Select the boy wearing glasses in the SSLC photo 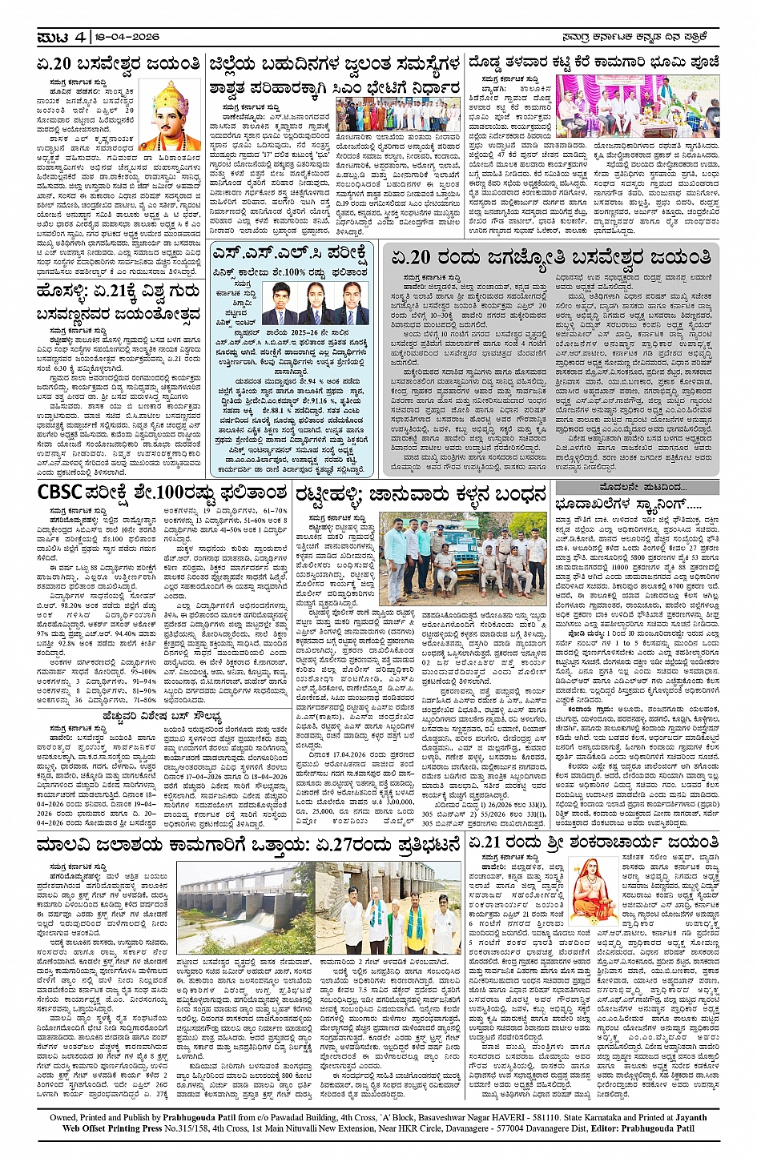pyautogui.click(x=277, y=303)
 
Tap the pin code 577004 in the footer pyautogui.click(x=550, y=1128)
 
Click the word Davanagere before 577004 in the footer pyautogui.click(x=501, y=1128)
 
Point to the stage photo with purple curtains pyautogui.click(x=638, y=107)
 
